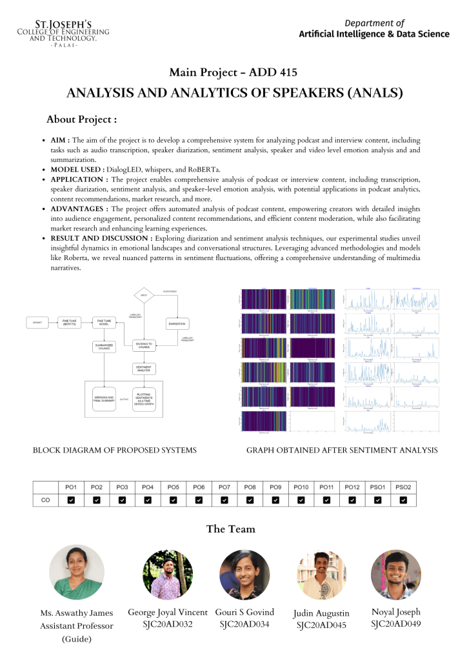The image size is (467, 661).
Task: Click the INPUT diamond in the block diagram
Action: (143, 296)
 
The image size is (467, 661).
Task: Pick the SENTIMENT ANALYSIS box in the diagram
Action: (143, 369)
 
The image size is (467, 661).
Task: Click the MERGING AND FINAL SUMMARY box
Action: (104, 399)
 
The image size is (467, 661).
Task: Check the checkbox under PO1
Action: (71, 499)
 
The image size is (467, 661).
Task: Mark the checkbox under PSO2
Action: (403, 499)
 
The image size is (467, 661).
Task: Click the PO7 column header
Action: (224, 486)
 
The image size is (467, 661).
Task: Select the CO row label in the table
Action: (46, 499)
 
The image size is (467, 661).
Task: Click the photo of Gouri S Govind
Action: (245, 575)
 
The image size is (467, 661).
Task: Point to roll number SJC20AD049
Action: (396, 624)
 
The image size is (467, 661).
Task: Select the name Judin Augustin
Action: (321, 613)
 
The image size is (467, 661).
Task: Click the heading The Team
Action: (231, 529)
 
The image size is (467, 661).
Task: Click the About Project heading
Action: (81, 119)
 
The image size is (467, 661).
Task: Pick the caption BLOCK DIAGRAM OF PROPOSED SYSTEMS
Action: (115, 450)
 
